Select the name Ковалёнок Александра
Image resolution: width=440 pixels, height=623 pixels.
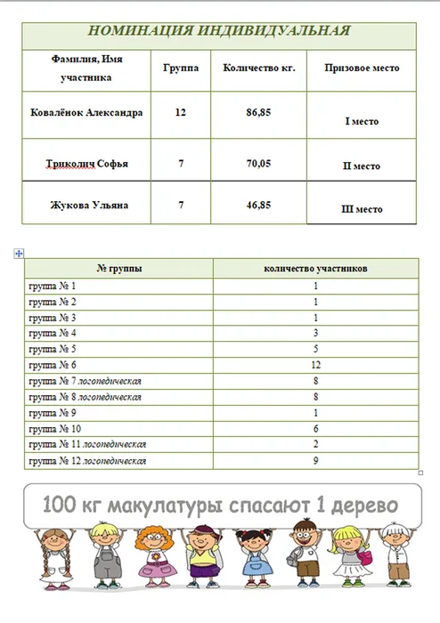(x=86, y=113)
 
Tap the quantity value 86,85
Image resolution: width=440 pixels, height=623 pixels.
(x=258, y=113)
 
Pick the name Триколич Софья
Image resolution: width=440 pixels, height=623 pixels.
(x=86, y=164)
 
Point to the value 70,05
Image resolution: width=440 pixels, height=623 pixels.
(x=258, y=164)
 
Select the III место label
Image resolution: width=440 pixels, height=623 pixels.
(x=362, y=209)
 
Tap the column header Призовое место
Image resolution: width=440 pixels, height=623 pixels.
(x=362, y=68)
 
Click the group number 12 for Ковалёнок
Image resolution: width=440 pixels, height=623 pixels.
(x=181, y=113)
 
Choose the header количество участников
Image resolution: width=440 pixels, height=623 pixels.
(x=316, y=267)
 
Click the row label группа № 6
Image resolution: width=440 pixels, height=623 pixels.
(x=53, y=365)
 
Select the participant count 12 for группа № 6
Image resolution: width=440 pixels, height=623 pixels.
(x=316, y=365)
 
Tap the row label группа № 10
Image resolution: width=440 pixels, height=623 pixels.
(x=54, y=429)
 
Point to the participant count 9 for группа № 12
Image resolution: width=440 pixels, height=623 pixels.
(x=316, y=461)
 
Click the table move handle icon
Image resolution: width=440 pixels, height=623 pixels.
(x=18, y=255)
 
